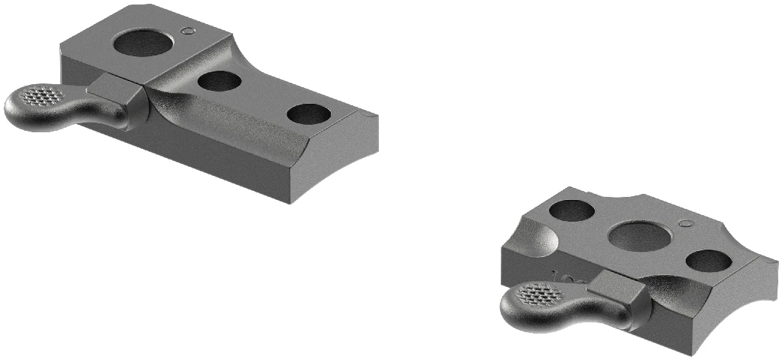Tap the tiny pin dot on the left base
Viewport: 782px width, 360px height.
pyautogui.click(x=188, y=30)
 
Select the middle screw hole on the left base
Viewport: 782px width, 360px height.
pyautogui.click(x=220, y=80)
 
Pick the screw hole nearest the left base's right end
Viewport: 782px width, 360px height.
pyautogui.click(x=308, y=114)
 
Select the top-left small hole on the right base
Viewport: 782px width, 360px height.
pyautogui.click(x=571, y=211)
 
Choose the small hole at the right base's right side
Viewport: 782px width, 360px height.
pyautogui.click(x=708, y=261)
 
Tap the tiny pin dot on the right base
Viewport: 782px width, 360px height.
pyautogui.click(x=683, y=223)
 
